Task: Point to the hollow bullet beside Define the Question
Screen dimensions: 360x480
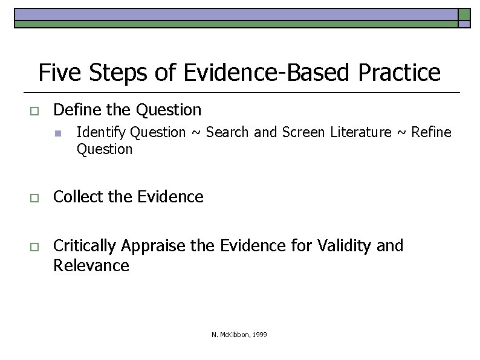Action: [34, 111]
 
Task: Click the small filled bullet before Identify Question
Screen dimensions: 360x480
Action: [57, 133]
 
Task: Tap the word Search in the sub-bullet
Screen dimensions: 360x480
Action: [227, 132]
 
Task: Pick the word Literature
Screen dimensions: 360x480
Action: [361, 132]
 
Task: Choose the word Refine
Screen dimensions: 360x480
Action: [431, 132]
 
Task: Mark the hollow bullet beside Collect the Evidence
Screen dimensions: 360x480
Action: [34, 198]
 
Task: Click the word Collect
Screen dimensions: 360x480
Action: [75, 197]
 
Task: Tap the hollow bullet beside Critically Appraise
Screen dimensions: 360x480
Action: [34, 246]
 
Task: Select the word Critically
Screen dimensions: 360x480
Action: [85, 246]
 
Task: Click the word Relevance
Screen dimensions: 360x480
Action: [91, 266]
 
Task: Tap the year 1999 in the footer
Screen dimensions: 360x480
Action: [260, 335]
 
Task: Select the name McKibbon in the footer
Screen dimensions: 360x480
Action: [234, 335]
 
